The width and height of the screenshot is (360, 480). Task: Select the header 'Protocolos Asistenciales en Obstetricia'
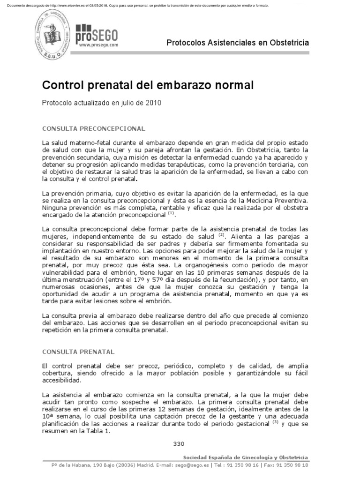(238, 43)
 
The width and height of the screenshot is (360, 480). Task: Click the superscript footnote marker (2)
(222, 235)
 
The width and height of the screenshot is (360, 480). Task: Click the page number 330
(180, 444)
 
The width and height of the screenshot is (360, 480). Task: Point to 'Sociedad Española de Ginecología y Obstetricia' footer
(246, 457)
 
